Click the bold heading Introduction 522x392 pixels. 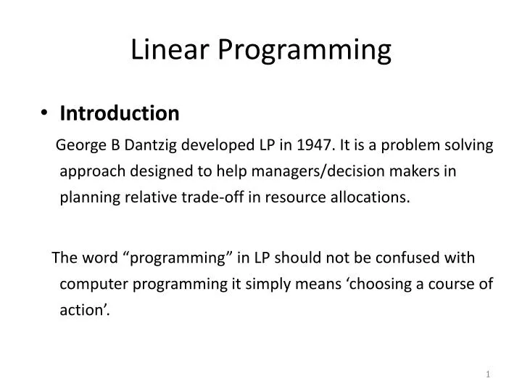pyautogui.click(x=119, y=113)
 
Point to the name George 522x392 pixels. pyautogui.click(x=80, y=145)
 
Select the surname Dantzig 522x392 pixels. pyautogui.click(x=150, y=145)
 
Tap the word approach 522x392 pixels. pyautogui.click(x=88, y=171)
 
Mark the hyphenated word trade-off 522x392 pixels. pyautogui.click(x=202, y=197)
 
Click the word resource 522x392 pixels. pyautogui.click(x=281, y=197)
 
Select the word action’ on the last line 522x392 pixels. pyautogui.click(x=86, y=309)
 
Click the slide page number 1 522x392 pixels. pyautogui.click(x=489, y=373)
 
